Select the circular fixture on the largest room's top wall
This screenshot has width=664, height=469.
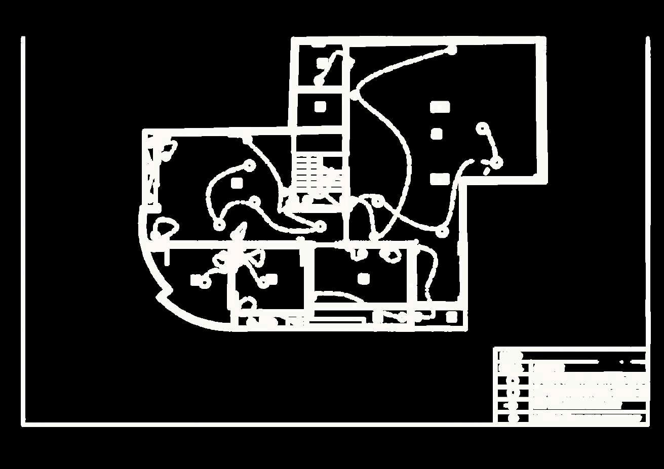point(451,50)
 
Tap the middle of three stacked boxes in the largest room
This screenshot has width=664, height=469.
point(437,134)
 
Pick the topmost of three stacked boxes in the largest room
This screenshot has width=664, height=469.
point(440,107)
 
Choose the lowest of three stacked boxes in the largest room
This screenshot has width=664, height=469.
point(440,179)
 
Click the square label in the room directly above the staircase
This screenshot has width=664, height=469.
point(320,107)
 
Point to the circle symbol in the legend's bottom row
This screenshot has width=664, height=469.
point(514,418)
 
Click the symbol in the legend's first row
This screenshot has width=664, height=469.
point(510,356)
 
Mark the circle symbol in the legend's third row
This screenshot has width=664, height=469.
point(513,380)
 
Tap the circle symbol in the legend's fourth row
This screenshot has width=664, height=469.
point(513,392)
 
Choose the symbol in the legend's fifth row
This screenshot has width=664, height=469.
point(513,405)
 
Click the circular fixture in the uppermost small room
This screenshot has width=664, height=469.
point(319,80)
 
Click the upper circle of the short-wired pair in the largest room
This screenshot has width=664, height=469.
point(483,127)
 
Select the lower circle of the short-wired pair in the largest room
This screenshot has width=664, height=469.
point(497,162)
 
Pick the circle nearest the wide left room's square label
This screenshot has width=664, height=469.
point(249,165)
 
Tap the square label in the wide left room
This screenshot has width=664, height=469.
point(236,182)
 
